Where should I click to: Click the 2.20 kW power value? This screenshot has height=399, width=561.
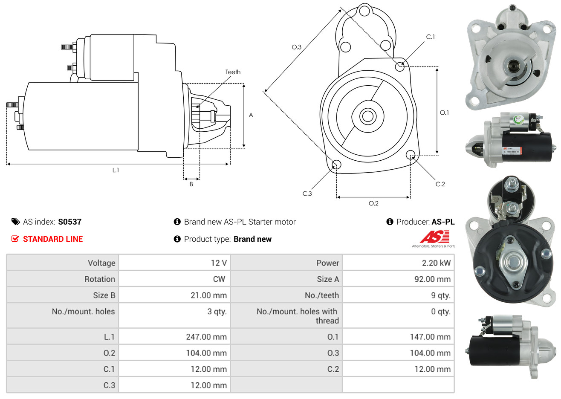click(x=436, y=263)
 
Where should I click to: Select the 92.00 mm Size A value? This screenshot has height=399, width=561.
click(x=432, y=279)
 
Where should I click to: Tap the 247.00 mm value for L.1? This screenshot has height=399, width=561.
click(x=206, y=337)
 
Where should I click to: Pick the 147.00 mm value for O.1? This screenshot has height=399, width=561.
click(x=430, y=337)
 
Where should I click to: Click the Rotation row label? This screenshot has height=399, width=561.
click(x=100, y=279)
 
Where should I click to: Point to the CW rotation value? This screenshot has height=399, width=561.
click(x=219, y=279)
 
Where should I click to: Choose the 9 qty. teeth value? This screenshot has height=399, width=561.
click(x=440, y=295)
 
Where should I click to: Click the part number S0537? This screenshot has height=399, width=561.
click(x=69, y=222)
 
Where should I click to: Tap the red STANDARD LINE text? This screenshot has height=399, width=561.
click(x=53, y=239)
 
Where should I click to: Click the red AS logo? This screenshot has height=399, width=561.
click(x=434, y=237)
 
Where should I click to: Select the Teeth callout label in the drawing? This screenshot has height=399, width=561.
click(x=233, y=72)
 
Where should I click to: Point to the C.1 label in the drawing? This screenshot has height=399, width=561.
click(x=431, y=37)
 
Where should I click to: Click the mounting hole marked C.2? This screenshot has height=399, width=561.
click(x=411, y=154)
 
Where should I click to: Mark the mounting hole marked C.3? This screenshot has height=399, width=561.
click(x=336, y=165)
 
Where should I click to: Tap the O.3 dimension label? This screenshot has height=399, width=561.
click(x=296, y=47)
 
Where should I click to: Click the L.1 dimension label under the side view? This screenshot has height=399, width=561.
click(x=116, y=170)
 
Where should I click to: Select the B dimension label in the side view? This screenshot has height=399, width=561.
click(x=191, y=184)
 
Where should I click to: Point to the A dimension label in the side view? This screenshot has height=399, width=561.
click(x=251, y=115)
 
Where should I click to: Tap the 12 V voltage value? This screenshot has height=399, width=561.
click(x=219, y=263)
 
